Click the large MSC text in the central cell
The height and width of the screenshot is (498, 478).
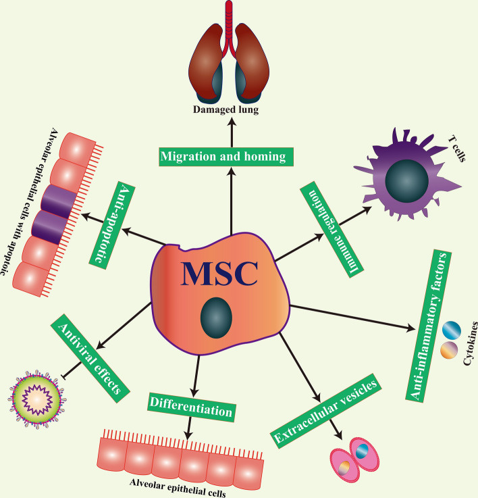pyautogui.click(x=219, y=273)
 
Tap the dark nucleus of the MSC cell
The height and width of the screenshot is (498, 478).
pyautogui.click(x=217, y=318)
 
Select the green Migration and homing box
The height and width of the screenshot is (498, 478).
pyautogui.click(x=226, y=157)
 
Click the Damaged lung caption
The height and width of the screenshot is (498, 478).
pyautogui.click(x=225, y=110)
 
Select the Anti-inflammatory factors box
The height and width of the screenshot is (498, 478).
pyautogui.click(x=429, y=326)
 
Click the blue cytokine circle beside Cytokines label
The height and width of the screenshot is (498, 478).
pyautogui.click(x=452, y=330)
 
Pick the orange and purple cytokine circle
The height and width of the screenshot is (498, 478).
pyautogui.click(x=449, y=350)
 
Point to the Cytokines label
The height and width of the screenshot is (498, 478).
pyautogui.click(x=471, y=343)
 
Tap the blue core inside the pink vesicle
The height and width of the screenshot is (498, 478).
pyautogui.click(x=362, y=451)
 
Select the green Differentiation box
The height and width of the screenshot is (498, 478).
pyautogui.click(x=191, y=407)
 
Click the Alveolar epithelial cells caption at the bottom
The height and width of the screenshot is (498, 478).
pyautogui.click(x=178, y=487)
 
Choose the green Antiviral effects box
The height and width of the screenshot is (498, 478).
pyautogui.click(x=90, y=359)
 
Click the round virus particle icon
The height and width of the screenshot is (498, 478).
pyautogui.click(x=37, y=398)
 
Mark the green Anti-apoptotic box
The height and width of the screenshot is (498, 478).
pyautogui.click(x=111, y=226)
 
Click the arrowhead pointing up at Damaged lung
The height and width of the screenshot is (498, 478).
pyautogui.click(x=232, y=122)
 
